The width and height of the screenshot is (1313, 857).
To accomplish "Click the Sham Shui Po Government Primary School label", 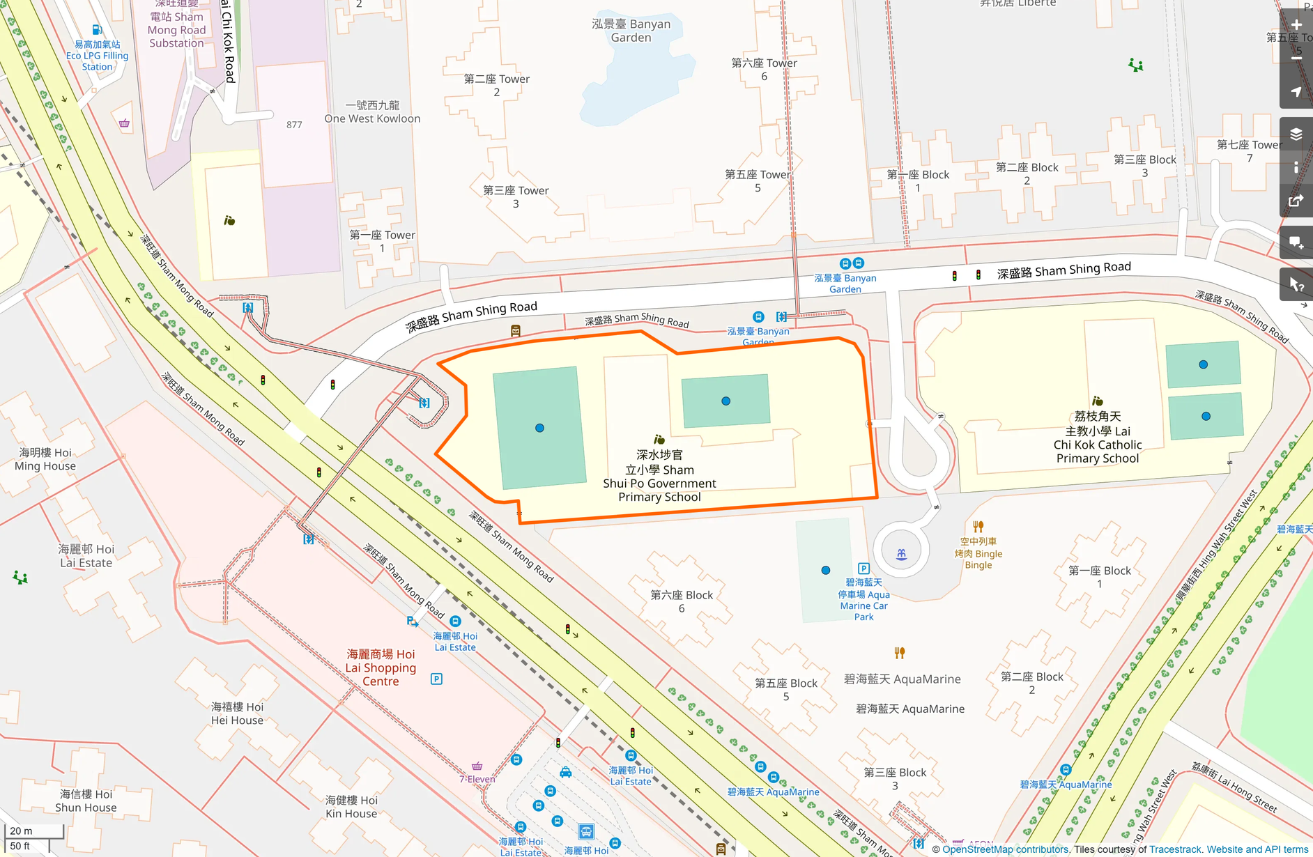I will click(659, 476).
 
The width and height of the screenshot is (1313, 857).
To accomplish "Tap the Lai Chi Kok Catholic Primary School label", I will click(1097, 438).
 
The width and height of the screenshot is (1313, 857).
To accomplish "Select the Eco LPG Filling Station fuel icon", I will click(97, 30).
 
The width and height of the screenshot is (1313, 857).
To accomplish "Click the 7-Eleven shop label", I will click(477, 779).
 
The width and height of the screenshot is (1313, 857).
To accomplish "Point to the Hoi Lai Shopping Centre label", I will click(381, 667).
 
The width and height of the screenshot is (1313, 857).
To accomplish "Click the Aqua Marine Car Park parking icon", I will click(863, 569).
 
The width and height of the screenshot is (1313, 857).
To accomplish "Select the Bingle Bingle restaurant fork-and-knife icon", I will click(978, 527).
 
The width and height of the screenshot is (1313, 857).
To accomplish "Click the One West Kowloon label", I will click(372, 112).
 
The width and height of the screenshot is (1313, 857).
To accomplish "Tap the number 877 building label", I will click(294, 125).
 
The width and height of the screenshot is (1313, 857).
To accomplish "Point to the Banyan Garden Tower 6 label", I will click(764, 69).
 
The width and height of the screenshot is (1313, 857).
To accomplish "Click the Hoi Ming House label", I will click(45, 459).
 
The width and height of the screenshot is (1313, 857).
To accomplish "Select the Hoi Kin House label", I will click(351, 807).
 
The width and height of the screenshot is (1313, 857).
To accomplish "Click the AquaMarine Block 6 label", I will click(681, 601).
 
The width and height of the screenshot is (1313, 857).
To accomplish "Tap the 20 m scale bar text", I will click(21, 831).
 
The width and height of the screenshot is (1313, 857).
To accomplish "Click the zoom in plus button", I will click(1296, 24).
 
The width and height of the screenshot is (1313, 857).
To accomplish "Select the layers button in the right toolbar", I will click(1296, 134).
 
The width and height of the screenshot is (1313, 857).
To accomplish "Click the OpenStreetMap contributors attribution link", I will click(1005, 849).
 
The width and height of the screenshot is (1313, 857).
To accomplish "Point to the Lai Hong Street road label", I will click(1234, 788).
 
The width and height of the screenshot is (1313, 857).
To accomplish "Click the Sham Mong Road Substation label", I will click(176, 29).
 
